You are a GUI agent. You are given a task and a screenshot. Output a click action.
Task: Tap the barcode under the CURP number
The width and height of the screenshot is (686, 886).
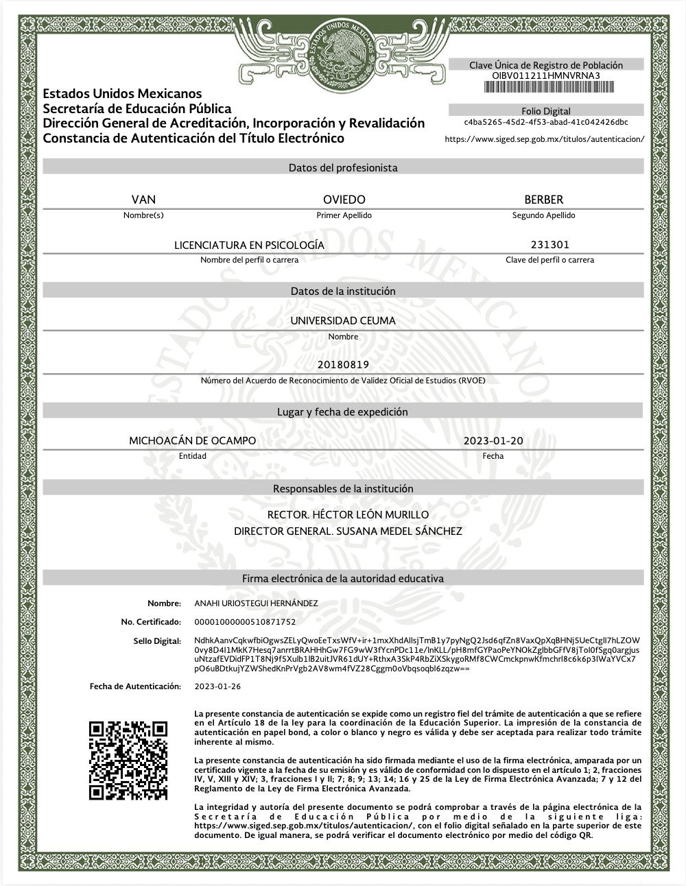[x=546, y=87]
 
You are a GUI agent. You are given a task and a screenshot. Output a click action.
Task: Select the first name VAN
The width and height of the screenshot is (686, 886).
[x=143, y=200]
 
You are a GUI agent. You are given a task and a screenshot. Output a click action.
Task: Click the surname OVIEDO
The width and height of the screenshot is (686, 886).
[x=344, y=200]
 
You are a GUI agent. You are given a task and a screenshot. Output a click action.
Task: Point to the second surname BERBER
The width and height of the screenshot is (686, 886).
[x=543, y=200]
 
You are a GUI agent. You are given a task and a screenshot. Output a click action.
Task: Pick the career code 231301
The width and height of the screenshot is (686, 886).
[x=549, y=244]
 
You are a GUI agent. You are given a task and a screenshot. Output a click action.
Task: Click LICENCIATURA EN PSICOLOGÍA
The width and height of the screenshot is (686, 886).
[x=249, y=245]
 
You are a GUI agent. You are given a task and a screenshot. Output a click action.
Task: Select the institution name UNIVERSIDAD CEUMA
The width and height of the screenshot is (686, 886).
[x=343, y=320]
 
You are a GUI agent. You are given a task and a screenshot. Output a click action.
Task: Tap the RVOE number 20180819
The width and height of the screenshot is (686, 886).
[x=343, y=364]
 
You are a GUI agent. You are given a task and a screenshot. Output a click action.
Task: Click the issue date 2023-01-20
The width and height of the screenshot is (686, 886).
[x=493, y=440]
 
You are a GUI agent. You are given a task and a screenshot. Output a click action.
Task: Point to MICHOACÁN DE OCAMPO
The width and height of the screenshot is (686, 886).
[x=193, y=440]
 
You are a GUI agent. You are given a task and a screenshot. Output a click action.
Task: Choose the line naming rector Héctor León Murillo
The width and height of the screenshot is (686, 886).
[x=348, y=514]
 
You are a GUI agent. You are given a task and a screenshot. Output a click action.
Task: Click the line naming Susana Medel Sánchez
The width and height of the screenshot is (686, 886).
[x=348, y=531]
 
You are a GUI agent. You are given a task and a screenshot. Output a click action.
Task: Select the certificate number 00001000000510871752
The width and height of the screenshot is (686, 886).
[x=245, y=622]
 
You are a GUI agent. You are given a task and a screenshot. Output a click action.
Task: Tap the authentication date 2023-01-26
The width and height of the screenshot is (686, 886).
[x=217, y=686]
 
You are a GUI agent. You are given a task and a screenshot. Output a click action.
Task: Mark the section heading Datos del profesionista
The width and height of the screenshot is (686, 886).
[x=343, y=167]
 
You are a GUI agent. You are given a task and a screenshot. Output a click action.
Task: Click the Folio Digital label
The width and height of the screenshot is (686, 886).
[x=546, y=111]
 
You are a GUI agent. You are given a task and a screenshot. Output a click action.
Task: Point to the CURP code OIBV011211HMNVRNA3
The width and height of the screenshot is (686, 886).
[x=546, y=75]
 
